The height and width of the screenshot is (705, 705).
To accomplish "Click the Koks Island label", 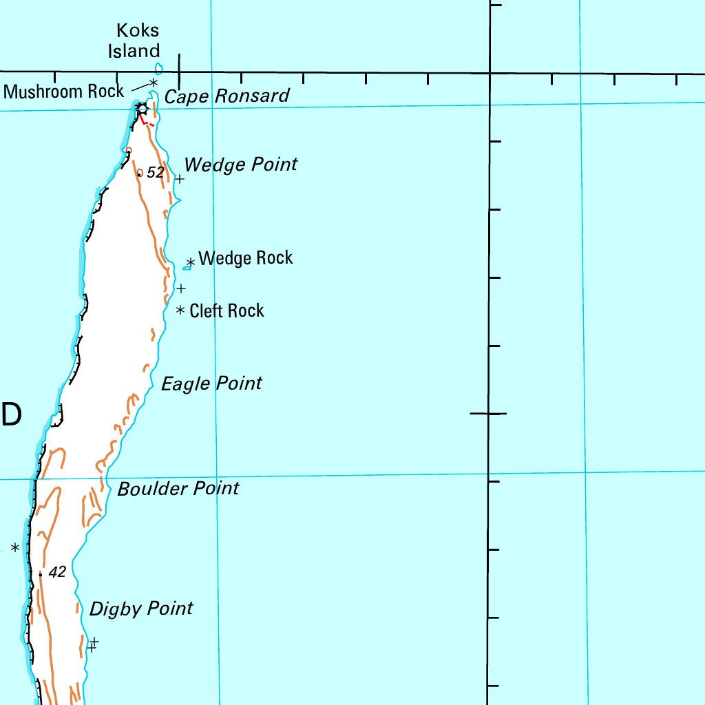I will [x=138, y=40].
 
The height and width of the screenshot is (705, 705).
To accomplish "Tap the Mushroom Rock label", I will [x=63, y=91].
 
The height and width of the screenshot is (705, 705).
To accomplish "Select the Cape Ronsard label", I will [x=227, y=96].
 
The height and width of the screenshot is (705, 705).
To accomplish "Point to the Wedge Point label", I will [x=241, y=165].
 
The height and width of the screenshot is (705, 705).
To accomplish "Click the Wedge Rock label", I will [x=246, y=258].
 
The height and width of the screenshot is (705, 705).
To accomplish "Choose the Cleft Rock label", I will [x=227, y=311].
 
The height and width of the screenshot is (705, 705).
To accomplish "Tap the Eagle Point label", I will [x=211, y=383].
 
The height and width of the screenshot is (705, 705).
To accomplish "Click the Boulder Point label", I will [x=178, y=489].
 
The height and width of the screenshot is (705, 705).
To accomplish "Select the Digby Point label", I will [x=141, y=609].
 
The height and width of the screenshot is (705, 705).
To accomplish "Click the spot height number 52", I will [x=156, y=172].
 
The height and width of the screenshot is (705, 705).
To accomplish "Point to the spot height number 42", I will [x=57, y=572].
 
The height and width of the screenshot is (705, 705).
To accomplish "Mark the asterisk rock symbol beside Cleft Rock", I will [x=180, y=311].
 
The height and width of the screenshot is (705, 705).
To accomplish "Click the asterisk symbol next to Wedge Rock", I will [x=191, y=262].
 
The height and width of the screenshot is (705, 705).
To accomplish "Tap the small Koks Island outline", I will [x=159, y=68].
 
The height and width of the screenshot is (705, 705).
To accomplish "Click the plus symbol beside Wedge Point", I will [x=179, y=179].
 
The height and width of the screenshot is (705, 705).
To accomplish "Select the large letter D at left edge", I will [x=11, y=414].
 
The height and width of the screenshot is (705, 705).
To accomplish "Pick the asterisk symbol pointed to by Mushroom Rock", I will [x=154, y=82].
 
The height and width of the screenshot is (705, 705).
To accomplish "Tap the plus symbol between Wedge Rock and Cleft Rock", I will [x=181, y=288].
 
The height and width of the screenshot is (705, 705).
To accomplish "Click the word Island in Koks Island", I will [x=138, y=50].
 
